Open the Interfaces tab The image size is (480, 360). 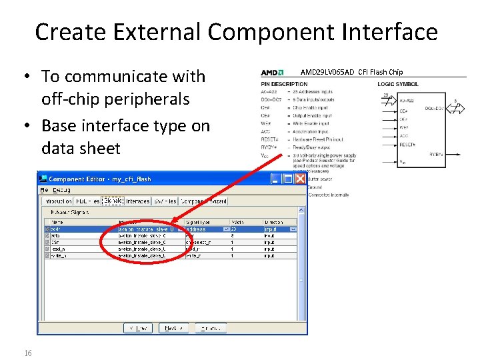click(x=138, y=201)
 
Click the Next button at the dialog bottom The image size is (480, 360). click(x=175, y=328)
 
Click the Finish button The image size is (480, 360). click(x=210, y=328)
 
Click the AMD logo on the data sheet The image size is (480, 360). click(x=272, y=73)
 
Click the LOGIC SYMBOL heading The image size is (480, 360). click(x=398, y=84)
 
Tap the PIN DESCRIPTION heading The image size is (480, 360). click(x=284, y=84)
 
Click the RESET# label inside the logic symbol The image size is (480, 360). click(x=407, y=144)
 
